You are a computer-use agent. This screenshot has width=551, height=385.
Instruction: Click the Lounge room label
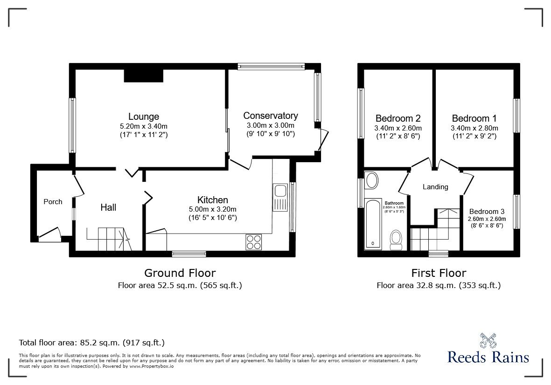point(144,117)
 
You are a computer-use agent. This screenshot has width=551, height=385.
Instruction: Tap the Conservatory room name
point(271,116)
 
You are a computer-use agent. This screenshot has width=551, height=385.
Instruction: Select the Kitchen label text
point(212,200)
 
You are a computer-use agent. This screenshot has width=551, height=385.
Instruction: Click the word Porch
point(53,201)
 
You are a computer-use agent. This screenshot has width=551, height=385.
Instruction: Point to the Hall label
point(108,207)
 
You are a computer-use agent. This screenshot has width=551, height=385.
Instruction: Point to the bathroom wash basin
point(372,180)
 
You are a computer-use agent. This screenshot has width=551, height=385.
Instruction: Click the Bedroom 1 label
point(474,118)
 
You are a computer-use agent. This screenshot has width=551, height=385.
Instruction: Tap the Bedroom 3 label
point(487,211)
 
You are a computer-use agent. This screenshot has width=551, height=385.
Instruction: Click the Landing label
point(435,187)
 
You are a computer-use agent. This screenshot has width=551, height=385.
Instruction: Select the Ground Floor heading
point(180,273)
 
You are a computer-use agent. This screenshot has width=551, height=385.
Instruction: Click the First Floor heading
point(438,273)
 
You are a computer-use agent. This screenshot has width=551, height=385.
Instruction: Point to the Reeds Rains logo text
point(488,357)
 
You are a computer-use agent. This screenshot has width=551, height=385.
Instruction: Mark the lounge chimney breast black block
point(143,75)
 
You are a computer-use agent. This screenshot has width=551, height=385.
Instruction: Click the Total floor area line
point(91,343)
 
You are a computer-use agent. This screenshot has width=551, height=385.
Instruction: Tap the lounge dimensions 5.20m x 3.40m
point(144,126)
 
